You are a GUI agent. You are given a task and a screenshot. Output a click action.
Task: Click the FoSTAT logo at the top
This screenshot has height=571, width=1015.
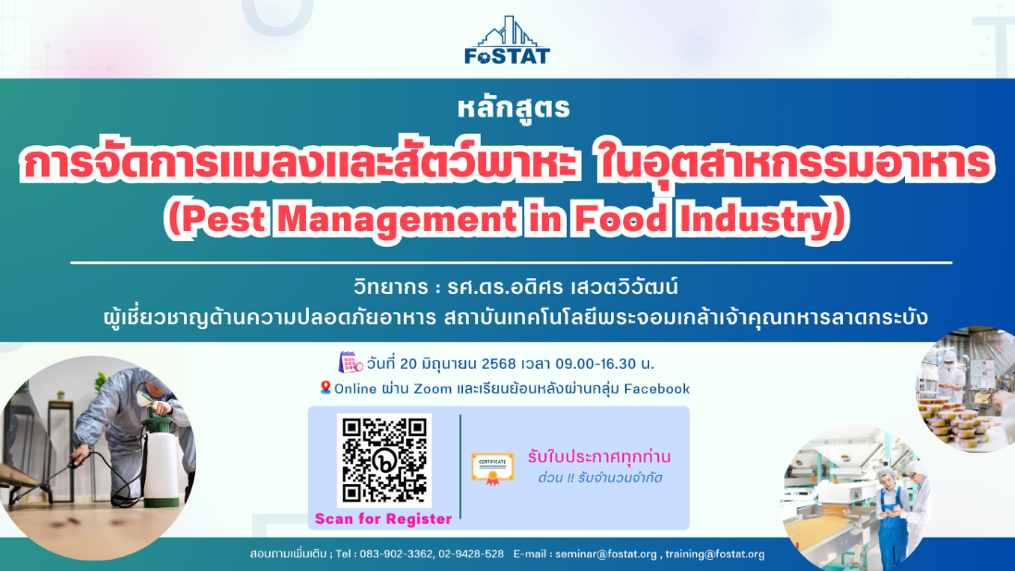point(507,40)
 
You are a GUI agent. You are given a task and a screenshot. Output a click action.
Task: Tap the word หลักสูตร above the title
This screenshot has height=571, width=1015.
point(513,108)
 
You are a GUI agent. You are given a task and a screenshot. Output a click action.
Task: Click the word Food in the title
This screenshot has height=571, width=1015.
point(620,219)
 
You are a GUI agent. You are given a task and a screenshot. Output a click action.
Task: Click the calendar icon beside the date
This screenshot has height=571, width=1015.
point(350,362)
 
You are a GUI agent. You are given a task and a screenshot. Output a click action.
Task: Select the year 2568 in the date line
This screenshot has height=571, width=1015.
point(498,363)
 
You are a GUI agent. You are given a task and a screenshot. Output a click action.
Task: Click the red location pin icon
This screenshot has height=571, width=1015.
point(325,387)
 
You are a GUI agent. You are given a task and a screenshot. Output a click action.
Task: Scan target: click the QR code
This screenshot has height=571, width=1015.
point(385,460)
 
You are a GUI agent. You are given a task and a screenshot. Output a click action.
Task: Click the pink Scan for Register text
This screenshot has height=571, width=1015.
point(384,518)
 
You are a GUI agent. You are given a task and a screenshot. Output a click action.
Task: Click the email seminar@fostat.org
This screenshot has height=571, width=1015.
point(605,554)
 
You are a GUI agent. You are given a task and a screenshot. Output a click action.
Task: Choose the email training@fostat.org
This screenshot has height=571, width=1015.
point(715,554)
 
